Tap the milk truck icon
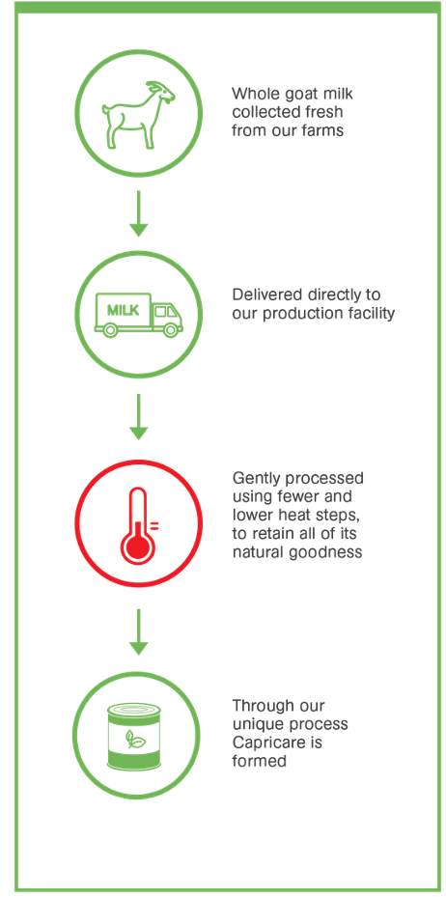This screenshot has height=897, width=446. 138,314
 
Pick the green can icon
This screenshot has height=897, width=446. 134,736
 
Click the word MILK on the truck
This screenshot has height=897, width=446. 123,310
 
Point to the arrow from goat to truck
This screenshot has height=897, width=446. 138,212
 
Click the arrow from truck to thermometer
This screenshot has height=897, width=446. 138,416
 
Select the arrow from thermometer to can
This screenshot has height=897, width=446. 138,631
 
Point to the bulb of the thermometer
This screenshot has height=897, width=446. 138,547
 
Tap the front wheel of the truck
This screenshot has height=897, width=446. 169,329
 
